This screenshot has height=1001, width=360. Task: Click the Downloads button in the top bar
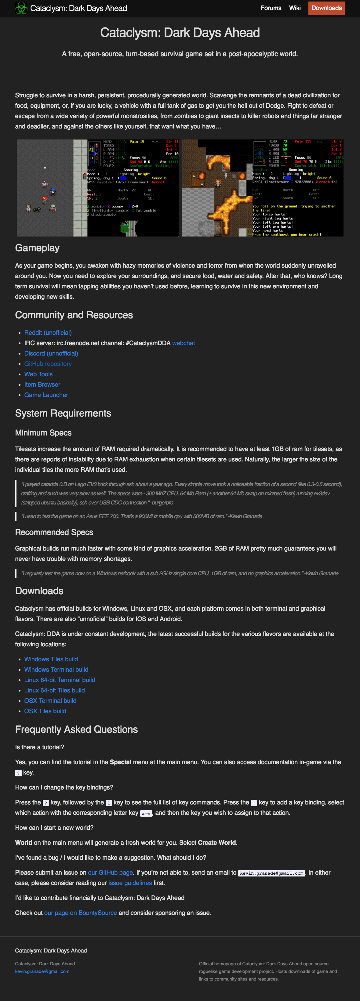click(x=326, y=8)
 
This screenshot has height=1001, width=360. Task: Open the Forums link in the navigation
click(x=271, y=8)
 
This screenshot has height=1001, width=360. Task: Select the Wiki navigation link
click(x=295, y=8)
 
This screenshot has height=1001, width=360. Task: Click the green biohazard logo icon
click(x=21, y=8)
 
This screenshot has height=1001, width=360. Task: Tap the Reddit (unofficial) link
click(x=48, y=333)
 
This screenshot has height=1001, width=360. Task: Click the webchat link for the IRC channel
click(x=184, y=343)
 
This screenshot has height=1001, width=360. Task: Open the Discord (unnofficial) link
click(x=51, y=353)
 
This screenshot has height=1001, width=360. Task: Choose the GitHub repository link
click(x=48, y=364)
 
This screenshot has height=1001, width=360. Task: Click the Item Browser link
click(x=42, y=384)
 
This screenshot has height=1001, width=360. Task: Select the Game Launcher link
click(x=46, y=395)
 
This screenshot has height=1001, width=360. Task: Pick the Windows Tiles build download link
click(x=51, y=659)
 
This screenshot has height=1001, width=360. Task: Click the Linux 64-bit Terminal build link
click(x=60, y=680)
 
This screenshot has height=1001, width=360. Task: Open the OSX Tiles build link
click(x=45, y=711)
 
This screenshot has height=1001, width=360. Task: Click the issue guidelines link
click(x=130, y=883)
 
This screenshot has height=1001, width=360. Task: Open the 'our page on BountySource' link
click(x=81, y=913)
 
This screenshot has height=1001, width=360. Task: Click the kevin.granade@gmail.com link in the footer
click(x=42, y=971)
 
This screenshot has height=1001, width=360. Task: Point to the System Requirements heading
click(x=63, y=413)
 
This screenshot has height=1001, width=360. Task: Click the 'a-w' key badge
click(x=146, y=813)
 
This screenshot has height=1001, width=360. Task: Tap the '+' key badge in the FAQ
click(x=254, y=803)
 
